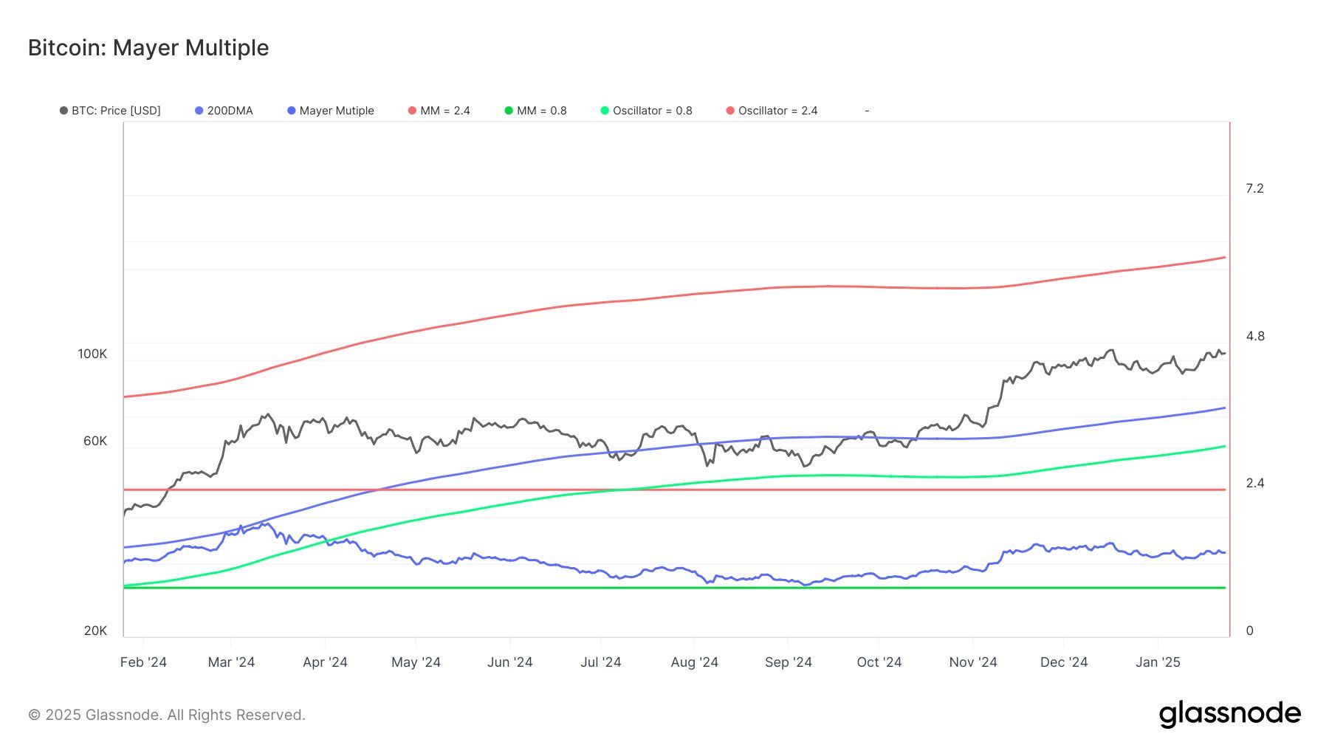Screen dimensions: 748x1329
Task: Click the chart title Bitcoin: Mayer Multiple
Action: [x=148, y=48]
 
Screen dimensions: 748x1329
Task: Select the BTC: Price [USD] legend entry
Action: [x=111, y=111]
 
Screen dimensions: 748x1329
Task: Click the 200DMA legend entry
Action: [x=224, y=111]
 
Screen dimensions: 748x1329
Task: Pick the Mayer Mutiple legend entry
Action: [x=332, y=111]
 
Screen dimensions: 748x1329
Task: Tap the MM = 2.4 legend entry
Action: [x=439, y=111]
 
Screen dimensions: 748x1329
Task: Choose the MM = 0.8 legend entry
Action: [x=536, y=111]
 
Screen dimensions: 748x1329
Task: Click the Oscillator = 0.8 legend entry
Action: [x=647, y=111]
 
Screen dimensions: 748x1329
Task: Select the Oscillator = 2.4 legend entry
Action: [x=772, y=111]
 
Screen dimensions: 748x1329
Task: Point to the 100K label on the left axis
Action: [x=92, y=354]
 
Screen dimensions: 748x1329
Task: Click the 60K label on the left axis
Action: [x=95, y=442]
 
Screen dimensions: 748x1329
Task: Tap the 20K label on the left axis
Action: [x=95, y=631]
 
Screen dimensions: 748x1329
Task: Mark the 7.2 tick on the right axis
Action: [x=1254, y=189]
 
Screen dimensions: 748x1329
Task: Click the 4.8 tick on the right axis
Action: [x=1254, y=337]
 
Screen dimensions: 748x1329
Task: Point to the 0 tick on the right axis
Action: [x=1249, y=631]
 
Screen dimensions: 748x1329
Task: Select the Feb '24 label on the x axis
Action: [x=143, y=662]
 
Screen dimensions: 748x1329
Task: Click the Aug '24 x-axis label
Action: [x=694, y=662]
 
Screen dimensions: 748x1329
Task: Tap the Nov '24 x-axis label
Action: [x=972, y=662]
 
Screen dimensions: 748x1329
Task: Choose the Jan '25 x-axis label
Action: [x=1157, y=662]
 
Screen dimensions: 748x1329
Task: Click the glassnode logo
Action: [x=1229, y=714]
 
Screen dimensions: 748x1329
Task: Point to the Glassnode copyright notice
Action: [x=167, y=715]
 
